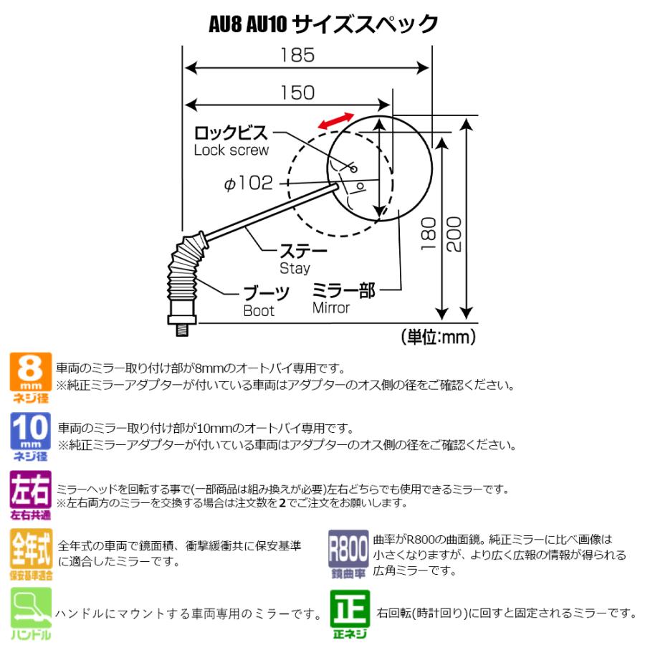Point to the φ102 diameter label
tap(249, 183)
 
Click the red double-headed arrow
tap(336, 121)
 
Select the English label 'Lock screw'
tap(231, 150)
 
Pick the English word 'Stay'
tap(295, 268)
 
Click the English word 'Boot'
tap(258, 311)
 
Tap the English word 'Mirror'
tap(330, 308)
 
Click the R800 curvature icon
tap(349, 553)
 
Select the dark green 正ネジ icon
tap(349, 613)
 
